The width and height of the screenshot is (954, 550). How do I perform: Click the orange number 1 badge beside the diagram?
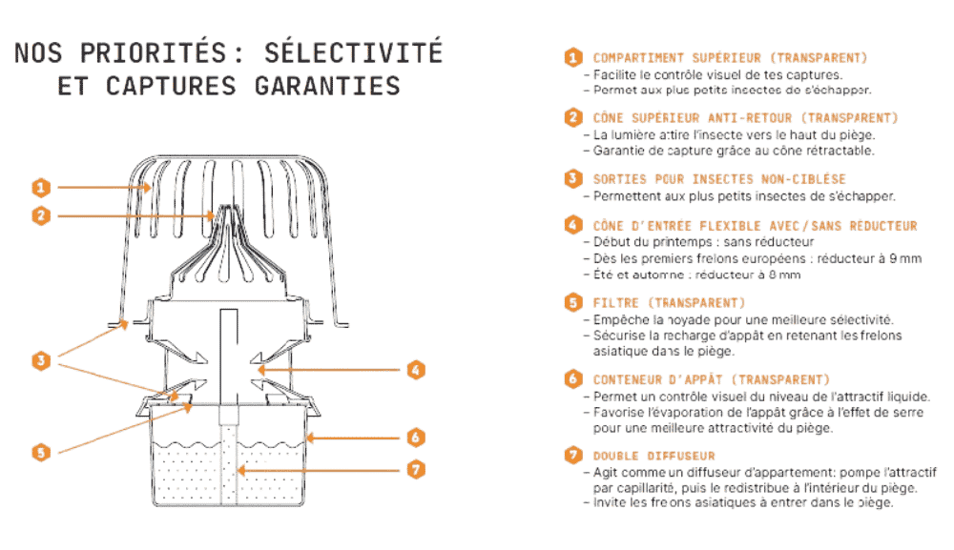41,187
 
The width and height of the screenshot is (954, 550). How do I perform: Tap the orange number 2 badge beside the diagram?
41,215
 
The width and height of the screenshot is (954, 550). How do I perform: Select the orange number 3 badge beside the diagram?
41,360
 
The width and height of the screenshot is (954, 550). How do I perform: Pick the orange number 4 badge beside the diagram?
416,370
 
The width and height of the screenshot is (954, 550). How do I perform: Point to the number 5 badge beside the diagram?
41,452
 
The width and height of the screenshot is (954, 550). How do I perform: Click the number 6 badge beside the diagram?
416,437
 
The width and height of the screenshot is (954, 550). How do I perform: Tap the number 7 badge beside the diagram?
416,469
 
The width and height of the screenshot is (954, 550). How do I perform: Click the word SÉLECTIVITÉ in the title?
353,52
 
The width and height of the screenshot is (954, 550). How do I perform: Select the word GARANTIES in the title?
327,87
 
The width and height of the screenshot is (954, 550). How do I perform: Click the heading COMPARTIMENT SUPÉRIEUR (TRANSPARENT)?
730,58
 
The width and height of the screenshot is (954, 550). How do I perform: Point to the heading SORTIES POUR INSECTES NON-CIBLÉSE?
719,179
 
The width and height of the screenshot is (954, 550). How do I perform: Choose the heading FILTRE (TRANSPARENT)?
669,303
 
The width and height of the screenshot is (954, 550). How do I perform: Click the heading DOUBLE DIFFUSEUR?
654,456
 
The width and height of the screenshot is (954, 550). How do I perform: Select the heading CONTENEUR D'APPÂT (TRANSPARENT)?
712,379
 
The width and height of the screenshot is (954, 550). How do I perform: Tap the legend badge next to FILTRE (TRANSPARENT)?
573,302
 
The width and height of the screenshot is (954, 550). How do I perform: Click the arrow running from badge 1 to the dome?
104,187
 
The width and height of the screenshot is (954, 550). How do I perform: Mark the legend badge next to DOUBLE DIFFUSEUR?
573,456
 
